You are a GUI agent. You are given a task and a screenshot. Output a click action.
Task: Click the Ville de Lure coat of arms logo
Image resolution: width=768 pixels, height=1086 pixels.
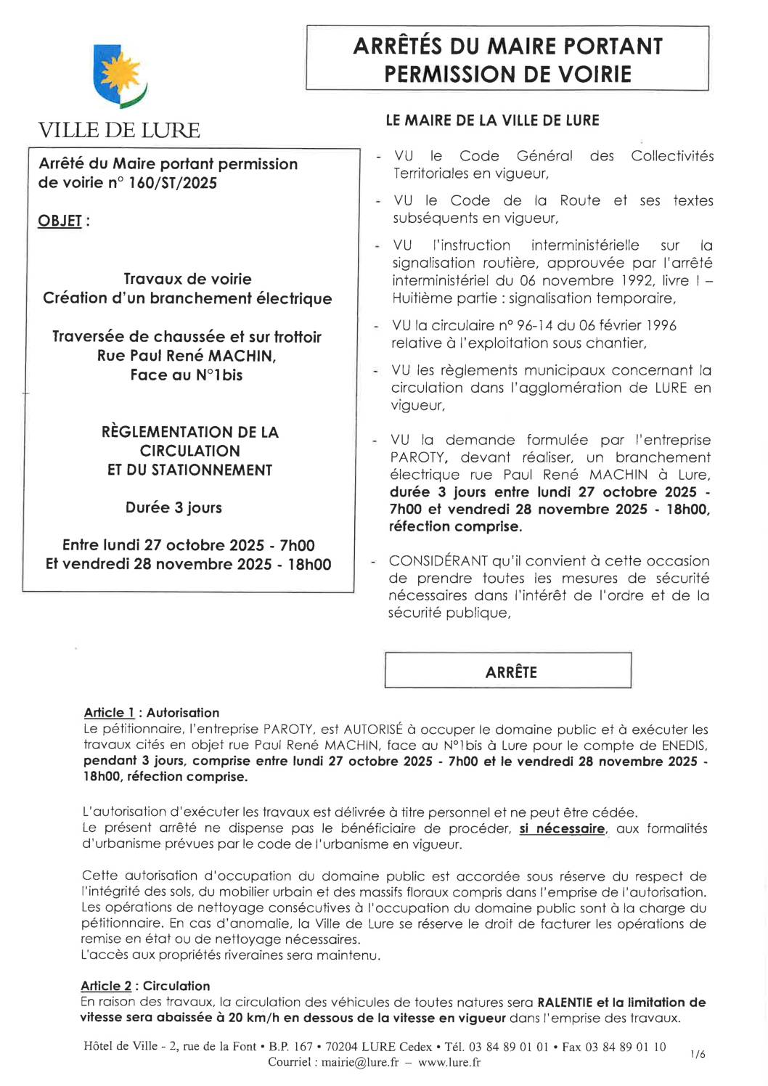pyautogui.click(x=120, y=78)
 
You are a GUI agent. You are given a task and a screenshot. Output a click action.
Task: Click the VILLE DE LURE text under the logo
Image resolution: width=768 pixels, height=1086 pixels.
pyautogui.click(x=119, y=131)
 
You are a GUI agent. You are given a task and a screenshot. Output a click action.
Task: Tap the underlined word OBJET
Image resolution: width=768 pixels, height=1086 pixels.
pyautogui.click(x=60, y=221)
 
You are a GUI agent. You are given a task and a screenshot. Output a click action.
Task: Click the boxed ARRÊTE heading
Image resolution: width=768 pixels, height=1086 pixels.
pyautogui.click(x=511, y=672)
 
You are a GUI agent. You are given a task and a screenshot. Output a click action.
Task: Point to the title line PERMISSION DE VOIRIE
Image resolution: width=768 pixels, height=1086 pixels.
pyautogui.click(x=507, y=74)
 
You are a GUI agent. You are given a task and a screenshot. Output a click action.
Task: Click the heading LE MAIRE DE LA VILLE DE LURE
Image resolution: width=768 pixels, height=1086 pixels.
pyautogui.click(x=492, y=121)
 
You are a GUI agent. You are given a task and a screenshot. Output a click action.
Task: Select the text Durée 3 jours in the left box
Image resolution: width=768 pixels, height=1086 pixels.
pyautogui.click(x=173, y=507)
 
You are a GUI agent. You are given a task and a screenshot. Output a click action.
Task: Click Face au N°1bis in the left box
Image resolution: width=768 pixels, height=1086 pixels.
pyautogui.click(x=187, y=375)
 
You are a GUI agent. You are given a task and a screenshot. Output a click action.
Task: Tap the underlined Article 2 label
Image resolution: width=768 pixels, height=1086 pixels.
pyautogui.click(x=106, y=986)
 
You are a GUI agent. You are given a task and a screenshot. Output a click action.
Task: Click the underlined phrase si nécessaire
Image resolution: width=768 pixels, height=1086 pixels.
pyautogui.click(x=562, y=829)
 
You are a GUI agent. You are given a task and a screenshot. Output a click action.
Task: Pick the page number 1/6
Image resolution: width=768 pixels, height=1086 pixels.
pyautogui.click(x=698, y=1054)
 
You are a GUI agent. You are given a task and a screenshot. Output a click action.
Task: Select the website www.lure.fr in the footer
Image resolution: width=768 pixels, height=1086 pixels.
pyautogui.click(x=449, y=1062)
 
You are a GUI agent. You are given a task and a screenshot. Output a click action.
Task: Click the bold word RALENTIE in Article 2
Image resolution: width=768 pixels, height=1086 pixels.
pyautogui.click(x=565, y=1003)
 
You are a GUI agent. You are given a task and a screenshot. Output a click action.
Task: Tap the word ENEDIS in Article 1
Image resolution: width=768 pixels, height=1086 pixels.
pyautogui.click(x=684, y=746)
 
